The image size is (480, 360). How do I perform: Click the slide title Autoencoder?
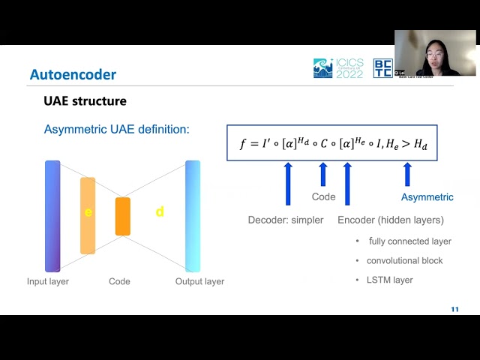[x=73, y=75]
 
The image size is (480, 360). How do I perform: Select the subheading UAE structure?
[x=85, y=100]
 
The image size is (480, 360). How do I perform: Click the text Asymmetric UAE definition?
[x=117, y=130]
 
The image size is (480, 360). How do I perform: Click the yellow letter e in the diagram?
[x=88, y=212]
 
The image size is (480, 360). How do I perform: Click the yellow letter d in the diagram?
[x=160, y=212]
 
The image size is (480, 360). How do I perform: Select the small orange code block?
[x=123, y=216]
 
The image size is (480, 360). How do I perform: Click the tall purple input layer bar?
[x=52, y=216]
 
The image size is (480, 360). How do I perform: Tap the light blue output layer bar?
[x=193, y=216]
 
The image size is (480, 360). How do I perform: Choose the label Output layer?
[x=199, y=281]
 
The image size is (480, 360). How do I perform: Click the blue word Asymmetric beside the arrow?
[x=427, y=197]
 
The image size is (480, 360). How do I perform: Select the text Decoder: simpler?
[x=286, y=220]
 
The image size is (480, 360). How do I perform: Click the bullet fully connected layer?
[x=409, y=241]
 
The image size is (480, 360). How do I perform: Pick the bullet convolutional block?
[x=404, y=260]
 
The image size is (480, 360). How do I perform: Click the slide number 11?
[x=454, y=310]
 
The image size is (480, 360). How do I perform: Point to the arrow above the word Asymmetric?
[x=407, y=174]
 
